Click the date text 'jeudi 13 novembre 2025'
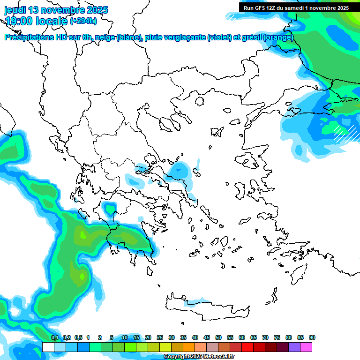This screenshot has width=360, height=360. pyautogui.click(x=56, y=10)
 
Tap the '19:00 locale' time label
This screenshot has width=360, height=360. pyautogui.click(x=36, y=21)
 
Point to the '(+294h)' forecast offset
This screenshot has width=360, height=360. pyautogui.click(x=83, y=21)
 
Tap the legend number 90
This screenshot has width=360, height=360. pyautogui.click(x=312, y=337)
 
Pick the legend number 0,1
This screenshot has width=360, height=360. pyautogui.click(x=55, y=337)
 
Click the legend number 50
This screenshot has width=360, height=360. pyautogui.click(x=218, y=337)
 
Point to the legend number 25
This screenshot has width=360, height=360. pyautogui.click(x=160, y=337)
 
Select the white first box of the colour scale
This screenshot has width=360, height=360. pyautogui.click(x=48, y=347)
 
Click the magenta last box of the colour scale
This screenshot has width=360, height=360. pyautogui.click(x=306, y=347)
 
